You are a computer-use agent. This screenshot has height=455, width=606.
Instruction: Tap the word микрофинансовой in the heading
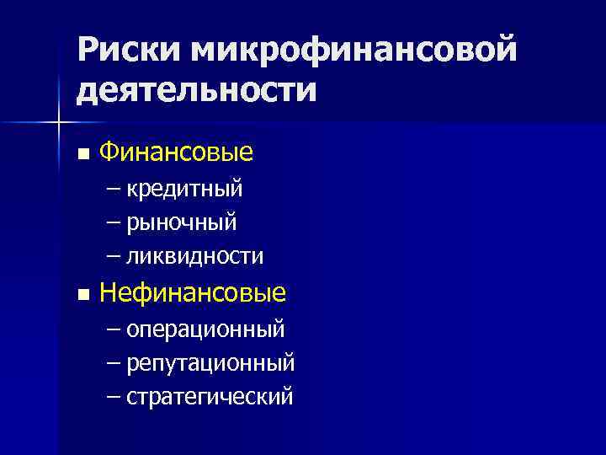[x=354, y=50]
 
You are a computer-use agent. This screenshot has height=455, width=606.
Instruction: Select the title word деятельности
[x=197, y=89]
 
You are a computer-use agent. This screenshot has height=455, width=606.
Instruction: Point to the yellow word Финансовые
[x=176, y=153]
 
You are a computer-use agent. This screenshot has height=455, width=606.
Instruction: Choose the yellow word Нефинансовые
[x=193, y=292]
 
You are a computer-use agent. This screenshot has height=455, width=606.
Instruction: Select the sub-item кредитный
[x=185, y=189]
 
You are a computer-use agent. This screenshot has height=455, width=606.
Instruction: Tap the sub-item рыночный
[x=182, y=222]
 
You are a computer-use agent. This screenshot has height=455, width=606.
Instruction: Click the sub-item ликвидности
[x=195, y=255]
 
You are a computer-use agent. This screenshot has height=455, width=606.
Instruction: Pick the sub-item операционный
[x=206, y=329]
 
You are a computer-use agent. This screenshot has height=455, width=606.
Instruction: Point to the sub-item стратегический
[x=210, y=395]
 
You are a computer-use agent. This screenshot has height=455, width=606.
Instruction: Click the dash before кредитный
[x=114, y=189]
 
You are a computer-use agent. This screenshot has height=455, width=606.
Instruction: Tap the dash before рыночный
[x=114, y=222]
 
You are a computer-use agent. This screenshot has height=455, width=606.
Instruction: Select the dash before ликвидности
[x=114, y=255]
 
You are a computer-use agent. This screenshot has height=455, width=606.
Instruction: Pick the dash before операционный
[x=114, y=329]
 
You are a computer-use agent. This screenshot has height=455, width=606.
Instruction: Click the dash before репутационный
[x=114, y=362]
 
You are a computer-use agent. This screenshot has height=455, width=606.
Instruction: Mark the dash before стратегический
[x=114, y=395]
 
